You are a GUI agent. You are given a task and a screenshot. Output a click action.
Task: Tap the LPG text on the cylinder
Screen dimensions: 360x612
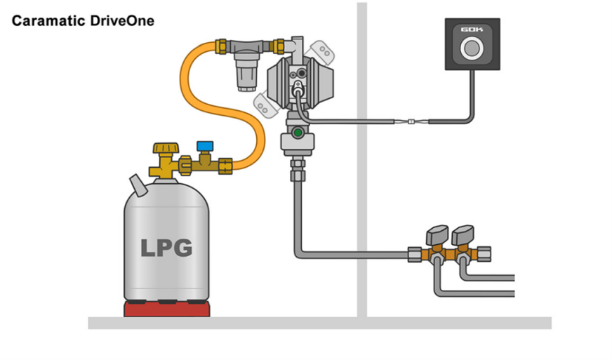click(x=166, y=248)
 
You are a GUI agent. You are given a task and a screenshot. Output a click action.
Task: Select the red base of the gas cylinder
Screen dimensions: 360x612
click(x=166, y=308)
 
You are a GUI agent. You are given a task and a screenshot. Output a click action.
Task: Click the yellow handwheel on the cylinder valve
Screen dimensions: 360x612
click(x=166, y=149)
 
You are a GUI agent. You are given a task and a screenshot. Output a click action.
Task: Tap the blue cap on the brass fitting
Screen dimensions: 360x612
click(x=206, y=145)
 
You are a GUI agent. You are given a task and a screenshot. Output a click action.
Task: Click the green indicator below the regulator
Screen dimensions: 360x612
click(x=298, y=132)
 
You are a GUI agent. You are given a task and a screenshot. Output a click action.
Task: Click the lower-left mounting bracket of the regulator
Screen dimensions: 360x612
click(x=265, y=106)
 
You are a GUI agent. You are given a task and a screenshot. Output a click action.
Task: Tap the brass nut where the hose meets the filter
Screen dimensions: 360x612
click(x=221, y=46)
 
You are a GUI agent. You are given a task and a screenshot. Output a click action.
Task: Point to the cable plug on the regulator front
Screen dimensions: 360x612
click(x=299, y=88)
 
